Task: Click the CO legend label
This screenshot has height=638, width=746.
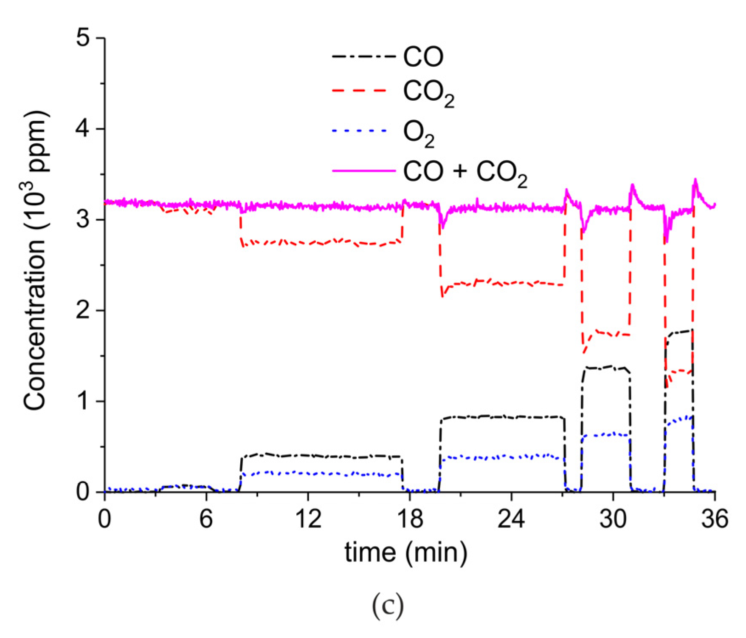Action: click(x=423, y=57)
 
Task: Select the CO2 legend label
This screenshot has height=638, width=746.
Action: click(x=428, y=94)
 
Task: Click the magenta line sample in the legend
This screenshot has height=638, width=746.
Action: click(x=364, y=171)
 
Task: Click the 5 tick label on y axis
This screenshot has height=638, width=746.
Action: click(x=84, y=38)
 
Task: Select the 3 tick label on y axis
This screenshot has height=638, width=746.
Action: click(x=84, y=220)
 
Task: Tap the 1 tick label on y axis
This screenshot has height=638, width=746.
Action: click(x=84, y=401)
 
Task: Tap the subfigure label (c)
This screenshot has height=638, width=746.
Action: click(x=387, y=607)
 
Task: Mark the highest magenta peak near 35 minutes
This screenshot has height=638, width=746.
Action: click(x=695, y=180)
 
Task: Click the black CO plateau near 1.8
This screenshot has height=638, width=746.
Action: click(x=679, y=332)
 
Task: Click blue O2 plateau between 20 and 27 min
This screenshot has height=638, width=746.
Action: click(x=501, y=457)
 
